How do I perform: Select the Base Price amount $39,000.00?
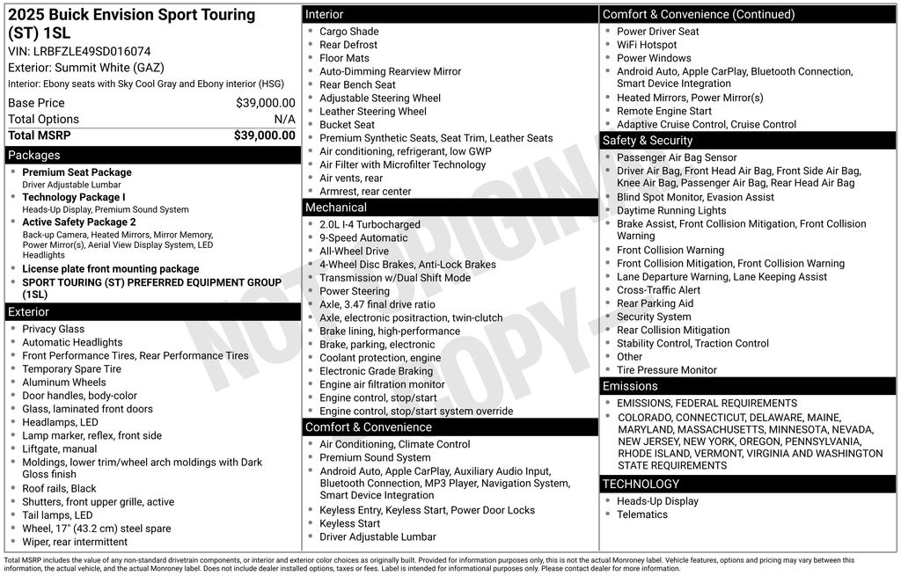tap(265, 103)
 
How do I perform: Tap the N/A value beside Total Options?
tap(284, 120)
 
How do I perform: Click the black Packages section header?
tap(151, 156)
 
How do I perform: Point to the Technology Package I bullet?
tap(74, 198)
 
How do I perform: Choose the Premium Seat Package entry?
tap(77, 173)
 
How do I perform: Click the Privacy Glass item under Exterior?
tap(54, 330)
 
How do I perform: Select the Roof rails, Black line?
tap(59, 489)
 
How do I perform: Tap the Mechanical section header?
tap(450, 208)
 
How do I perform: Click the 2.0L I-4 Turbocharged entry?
tap(370, 225)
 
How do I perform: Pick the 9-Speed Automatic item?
tap(363, 238)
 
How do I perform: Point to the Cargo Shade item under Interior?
tap(348, 32)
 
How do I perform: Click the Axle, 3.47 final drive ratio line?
tap(377, 305)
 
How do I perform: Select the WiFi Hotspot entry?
tap(647, 45)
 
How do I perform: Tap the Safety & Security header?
tap(749, 141)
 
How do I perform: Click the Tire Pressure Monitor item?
tap(666, 370)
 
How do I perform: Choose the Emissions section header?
tap(749, 386)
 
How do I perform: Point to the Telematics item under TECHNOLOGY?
tap(641, 514)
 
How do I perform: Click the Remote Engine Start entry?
tap(663, 112)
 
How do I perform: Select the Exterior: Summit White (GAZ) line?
tap(86, 68)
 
